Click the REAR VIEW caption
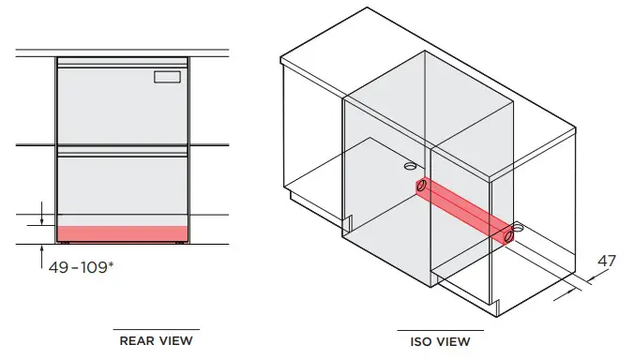(156, 341)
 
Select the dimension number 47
(606, 262)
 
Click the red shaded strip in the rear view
(124, 232)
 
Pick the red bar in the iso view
(466, 209)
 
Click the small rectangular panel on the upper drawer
(169, 76)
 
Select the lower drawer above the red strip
(124, 187)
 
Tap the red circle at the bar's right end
(509, 236)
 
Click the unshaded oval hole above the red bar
(409, 166)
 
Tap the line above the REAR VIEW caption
(156, 331)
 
